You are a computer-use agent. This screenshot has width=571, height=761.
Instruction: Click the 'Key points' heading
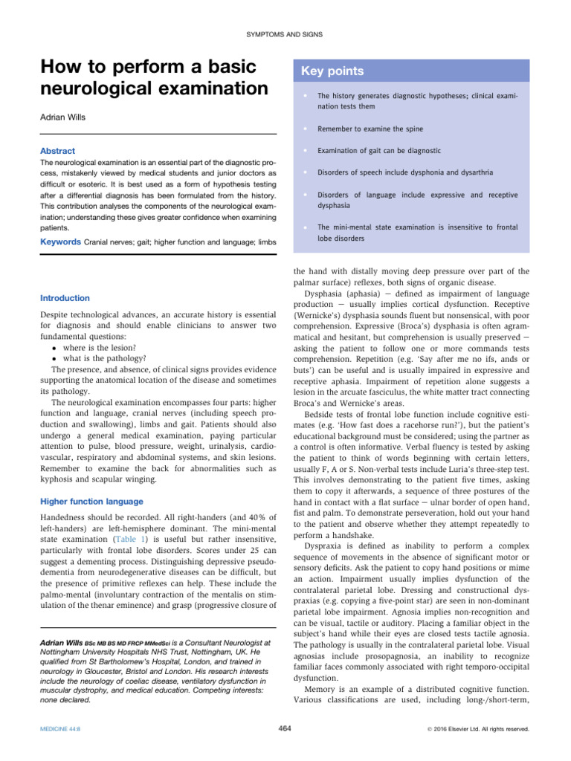pos(332,71)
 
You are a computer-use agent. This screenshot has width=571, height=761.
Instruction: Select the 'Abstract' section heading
pos(57,151)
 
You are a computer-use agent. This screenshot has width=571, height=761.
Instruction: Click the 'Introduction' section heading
pos(65,298)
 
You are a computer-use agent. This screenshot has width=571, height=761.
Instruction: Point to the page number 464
pos(284,728)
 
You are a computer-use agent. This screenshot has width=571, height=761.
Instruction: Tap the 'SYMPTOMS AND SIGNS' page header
pos(285,35)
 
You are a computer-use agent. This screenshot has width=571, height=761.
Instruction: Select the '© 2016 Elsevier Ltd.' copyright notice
pos(483,729)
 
